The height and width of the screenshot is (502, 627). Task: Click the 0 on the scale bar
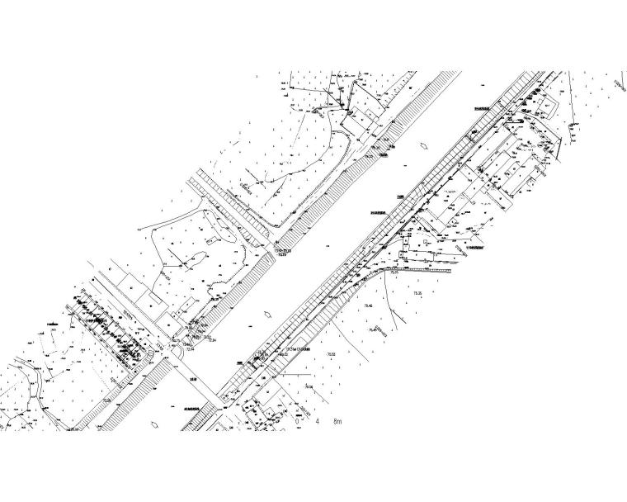click(297, 420)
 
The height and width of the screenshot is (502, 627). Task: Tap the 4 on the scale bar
click(317, 420)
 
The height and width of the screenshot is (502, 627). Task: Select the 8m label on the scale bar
click(337, 420)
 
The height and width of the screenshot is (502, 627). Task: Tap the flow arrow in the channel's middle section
click(266, 314)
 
